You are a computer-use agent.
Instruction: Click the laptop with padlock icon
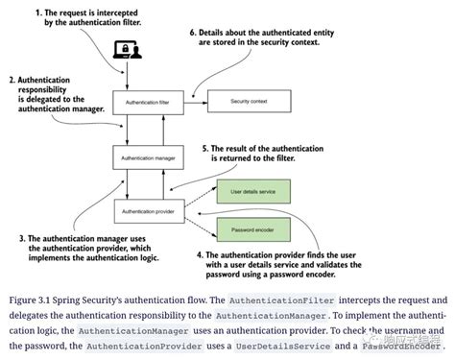click(127, 52)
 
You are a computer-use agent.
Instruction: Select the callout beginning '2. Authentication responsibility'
click(48, 96)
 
